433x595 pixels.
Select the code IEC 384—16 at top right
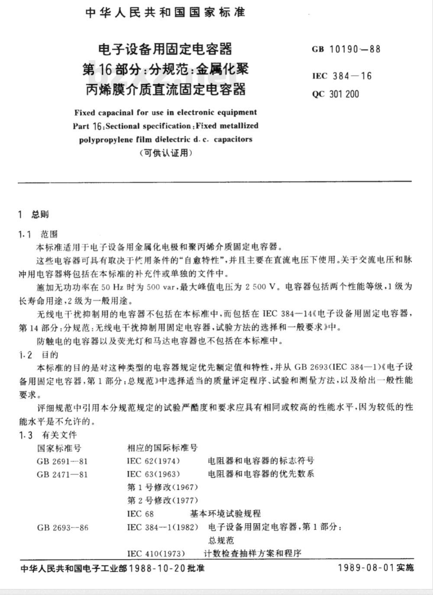(342, 76)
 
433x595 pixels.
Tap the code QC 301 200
(335, 94)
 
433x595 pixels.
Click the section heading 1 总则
(33, 214)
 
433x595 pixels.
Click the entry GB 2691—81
(62, 461)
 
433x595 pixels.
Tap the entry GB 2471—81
(62, 475)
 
